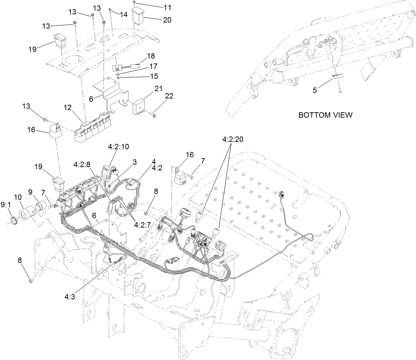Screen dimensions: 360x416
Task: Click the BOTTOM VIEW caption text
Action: click(325, 115)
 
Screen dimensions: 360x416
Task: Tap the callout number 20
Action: click(167, 20)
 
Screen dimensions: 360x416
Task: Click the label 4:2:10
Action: click(118, 147)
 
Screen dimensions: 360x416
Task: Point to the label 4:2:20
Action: click(232, 139)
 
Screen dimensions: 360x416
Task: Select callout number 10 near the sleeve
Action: click(17, 196)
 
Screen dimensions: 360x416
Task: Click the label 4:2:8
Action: click(82, 165)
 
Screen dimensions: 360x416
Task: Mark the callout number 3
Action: click(135, 162)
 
